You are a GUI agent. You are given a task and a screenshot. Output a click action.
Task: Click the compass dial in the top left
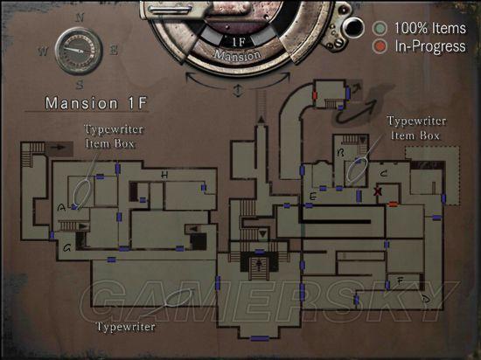pos(79,51)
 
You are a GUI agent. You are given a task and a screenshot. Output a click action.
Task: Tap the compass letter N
pos(80,17)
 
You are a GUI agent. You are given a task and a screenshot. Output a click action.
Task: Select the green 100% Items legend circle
pos(380,28)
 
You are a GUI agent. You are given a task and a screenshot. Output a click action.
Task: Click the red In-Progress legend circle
pos(380,46)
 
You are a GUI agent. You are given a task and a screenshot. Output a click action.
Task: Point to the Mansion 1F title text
pos(96,103)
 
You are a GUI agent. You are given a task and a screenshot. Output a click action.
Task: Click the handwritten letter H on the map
pos(164,175)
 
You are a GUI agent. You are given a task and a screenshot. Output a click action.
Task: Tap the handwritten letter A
pos(61,208)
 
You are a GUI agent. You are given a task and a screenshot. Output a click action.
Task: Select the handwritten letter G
pos(66,247)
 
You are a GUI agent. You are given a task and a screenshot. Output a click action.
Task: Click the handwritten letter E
pos(312,197)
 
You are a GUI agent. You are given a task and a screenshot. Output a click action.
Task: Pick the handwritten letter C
pos(383,174)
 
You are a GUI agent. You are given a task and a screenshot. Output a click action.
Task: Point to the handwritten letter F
pos(400,280)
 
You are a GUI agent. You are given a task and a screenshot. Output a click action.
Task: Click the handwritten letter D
pos(426,300)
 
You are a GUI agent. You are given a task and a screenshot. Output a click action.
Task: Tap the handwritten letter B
pos(340,152)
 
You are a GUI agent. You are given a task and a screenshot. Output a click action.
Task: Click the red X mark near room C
pos(378,191)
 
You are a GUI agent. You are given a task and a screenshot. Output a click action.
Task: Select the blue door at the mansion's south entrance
pos(260,338)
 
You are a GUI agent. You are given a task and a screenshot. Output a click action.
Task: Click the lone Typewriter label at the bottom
pos(126,327)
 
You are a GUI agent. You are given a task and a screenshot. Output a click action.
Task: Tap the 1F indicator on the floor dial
pos(239,42)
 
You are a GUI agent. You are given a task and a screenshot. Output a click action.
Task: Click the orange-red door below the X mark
pos(393,204)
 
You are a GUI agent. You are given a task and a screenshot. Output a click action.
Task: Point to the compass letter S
pos(80,84)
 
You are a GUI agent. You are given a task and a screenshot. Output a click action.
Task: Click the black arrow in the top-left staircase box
pos(59,148)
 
